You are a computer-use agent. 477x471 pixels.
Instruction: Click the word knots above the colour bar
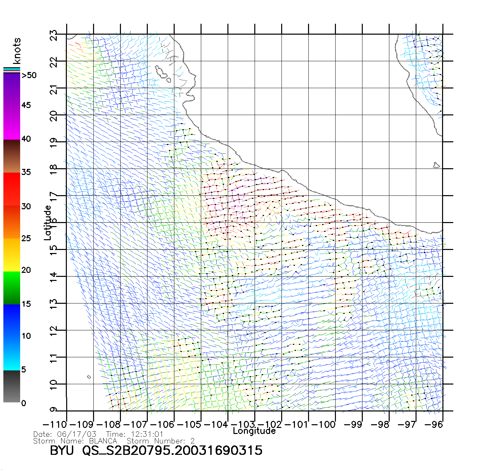click(x=17, y=51)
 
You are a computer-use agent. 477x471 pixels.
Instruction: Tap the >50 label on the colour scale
click(x=29, y=75)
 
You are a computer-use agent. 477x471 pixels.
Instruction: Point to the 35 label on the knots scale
click(x=26, y=172)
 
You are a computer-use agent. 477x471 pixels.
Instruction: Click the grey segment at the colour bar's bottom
click(x=12, y=387)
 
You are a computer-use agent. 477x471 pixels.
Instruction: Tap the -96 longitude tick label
click(x=434, y=425)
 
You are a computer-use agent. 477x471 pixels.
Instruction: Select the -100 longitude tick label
click(x=324, y=425)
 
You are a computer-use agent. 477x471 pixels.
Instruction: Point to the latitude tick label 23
click(x=54, y=35)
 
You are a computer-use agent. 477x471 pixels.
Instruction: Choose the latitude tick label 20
click(x=54, y=116)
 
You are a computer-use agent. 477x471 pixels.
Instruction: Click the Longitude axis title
click(x=254, y=431)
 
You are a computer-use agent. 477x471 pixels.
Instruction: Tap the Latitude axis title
click(x=48, y=223)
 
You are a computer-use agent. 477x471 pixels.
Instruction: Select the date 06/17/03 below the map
click(x=77, y=434)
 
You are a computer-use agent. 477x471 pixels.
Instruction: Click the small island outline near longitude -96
click(x=436, y=165)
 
